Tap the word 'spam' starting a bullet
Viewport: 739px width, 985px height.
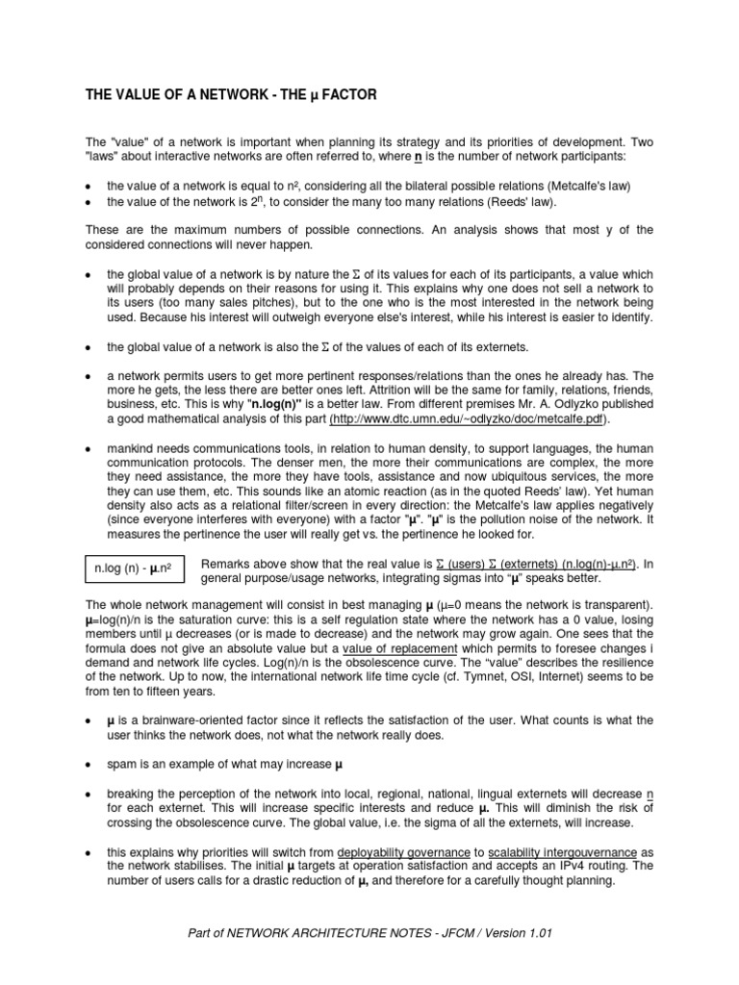[x=122, y=765]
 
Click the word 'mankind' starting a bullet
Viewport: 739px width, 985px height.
[x=132, y=448]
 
